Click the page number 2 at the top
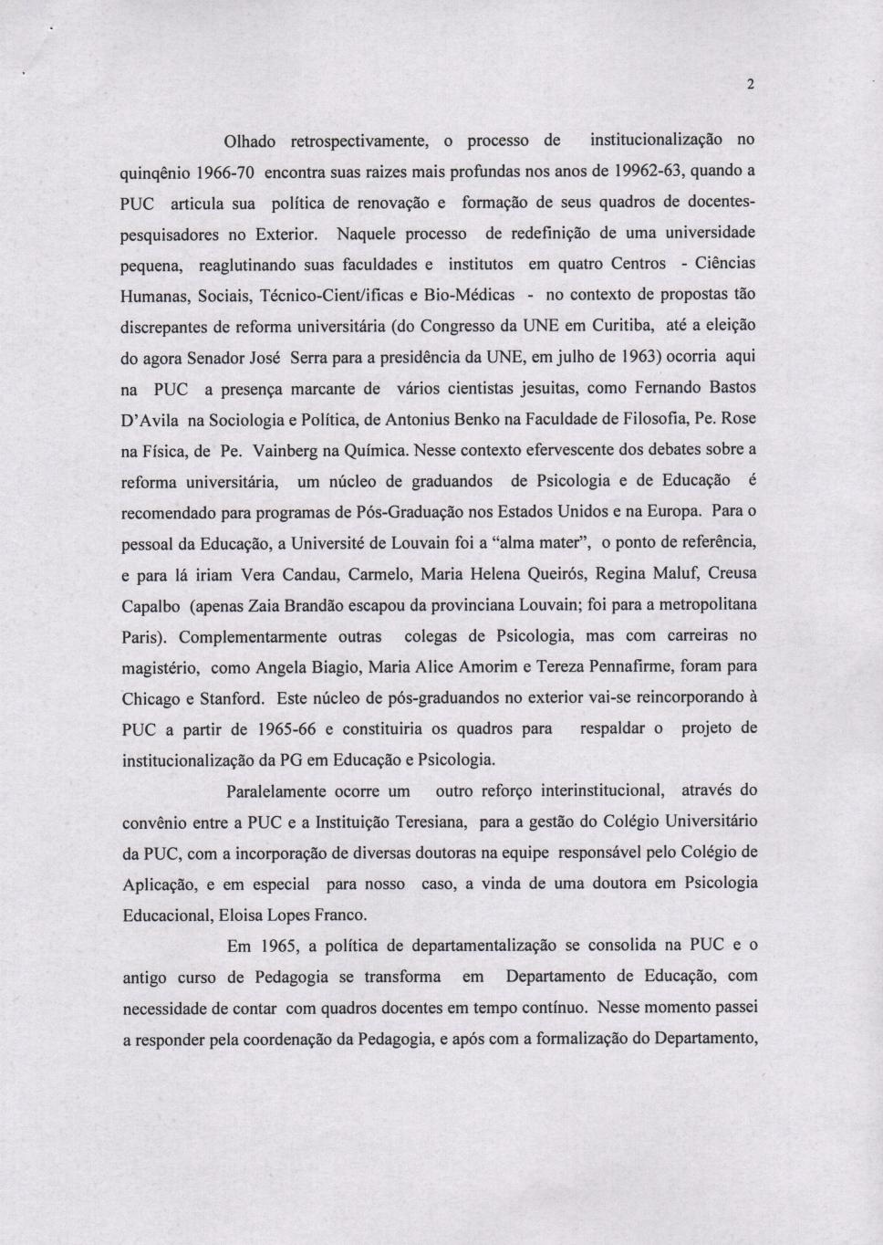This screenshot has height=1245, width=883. pyautogui.click(x=749, y=86)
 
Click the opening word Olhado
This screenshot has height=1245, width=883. pyautogui.click(x=250, y=141)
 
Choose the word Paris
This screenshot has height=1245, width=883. pyautogui.click(x=140, y=637)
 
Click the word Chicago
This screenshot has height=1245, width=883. pyautogui.click(x=150, y=699)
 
